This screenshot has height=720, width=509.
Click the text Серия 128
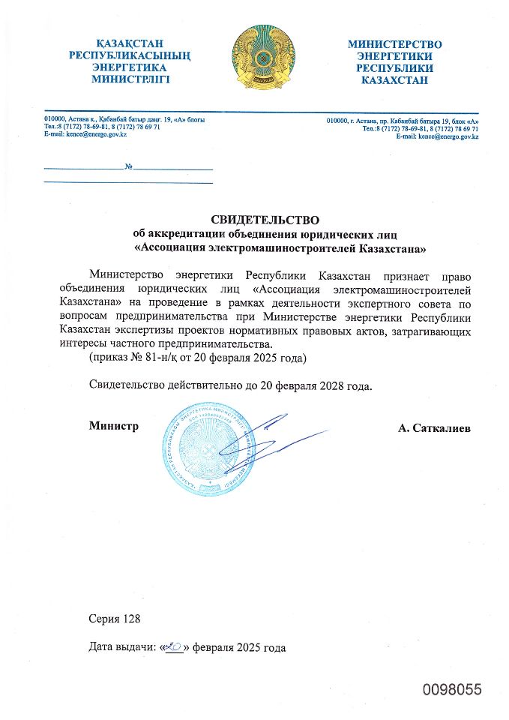point(115,619)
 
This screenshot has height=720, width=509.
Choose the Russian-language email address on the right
point(448,136)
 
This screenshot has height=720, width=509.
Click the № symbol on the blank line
point(128,166)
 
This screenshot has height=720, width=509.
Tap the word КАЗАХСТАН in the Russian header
point(394,80)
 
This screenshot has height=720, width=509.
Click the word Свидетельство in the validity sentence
point(132,388)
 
